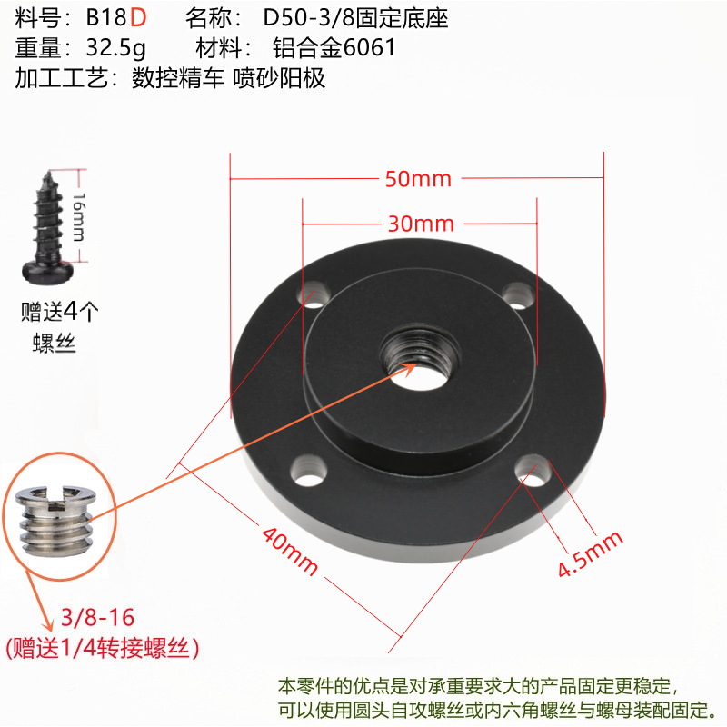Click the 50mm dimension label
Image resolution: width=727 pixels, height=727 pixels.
pos(418,179)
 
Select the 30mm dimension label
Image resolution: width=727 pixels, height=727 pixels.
pos(421,224)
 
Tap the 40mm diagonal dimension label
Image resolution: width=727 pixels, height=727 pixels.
pos(290,551)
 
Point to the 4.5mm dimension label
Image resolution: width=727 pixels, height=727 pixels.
pos(590,554)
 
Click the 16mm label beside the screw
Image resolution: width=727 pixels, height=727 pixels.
pos(79,217)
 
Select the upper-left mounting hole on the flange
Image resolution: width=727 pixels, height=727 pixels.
pos(314,294)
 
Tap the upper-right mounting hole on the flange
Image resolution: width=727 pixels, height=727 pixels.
pos(518,294)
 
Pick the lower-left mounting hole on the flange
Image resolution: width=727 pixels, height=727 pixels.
pos(309,470)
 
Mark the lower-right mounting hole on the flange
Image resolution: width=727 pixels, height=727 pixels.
pos(533,471)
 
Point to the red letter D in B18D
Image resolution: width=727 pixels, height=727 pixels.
pos(138,17)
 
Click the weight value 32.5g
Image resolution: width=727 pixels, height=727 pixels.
pos(116,48)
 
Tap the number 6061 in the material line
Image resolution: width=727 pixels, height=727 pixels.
pos(369,47)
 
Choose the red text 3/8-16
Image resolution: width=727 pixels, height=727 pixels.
pos(97,617)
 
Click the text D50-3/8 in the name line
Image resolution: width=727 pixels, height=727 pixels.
pos(309,17)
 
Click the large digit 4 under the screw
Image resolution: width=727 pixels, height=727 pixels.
pos(71,311)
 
